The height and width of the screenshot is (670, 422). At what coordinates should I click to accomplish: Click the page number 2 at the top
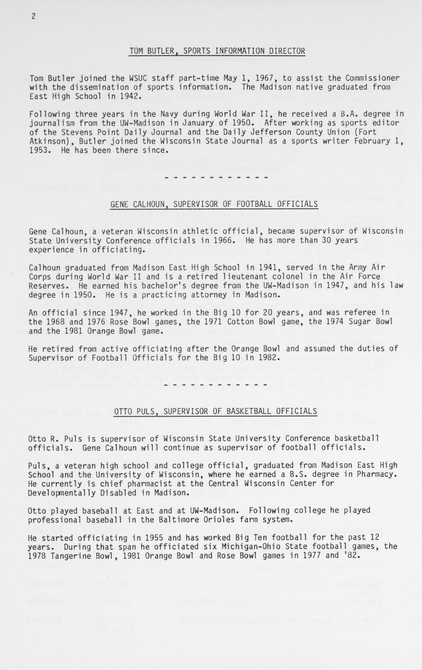[x=34, y=17]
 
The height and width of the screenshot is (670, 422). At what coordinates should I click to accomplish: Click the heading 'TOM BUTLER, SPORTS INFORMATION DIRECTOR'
[x=217, y=51]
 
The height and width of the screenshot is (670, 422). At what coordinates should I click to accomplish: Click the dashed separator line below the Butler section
[x=217, y=177]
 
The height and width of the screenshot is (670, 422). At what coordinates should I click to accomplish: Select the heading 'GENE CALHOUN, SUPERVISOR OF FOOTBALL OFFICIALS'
[x=214, y=204]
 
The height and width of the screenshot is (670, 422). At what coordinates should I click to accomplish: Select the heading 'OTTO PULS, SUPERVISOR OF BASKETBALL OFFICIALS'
[x=216, y=412]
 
